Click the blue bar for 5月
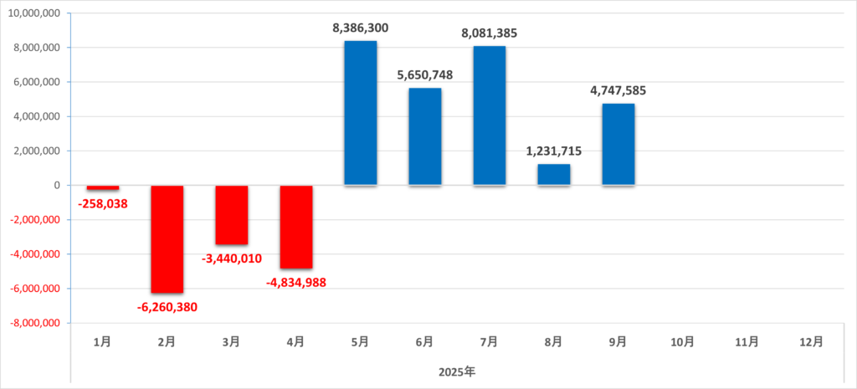(361, 113)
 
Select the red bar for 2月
(167, 239)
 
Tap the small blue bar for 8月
(554, 175)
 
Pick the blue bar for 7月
(490, 115)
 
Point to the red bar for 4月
(296, 227)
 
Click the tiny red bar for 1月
(103, 188)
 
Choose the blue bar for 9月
(618, 144)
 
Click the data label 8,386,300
(361, 28)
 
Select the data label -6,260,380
(167, 306)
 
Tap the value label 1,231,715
(554, 151)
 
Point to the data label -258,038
(103, 203)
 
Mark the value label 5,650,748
(425, 75)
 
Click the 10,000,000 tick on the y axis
(34, 13)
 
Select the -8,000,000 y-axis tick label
(33, 323)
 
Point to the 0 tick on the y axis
(57, 186)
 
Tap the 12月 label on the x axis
(812, 341)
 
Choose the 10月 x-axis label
(683, 341)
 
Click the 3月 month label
(232, 341)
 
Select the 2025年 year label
(457, 370)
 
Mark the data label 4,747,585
(618, 90)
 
